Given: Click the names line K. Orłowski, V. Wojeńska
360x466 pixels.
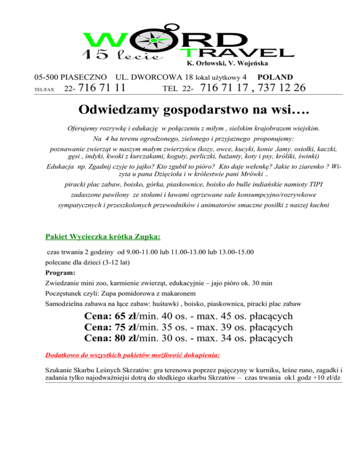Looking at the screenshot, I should (x=227, y=63).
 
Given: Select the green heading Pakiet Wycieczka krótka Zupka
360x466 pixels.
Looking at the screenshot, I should (x=102, y=236).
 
